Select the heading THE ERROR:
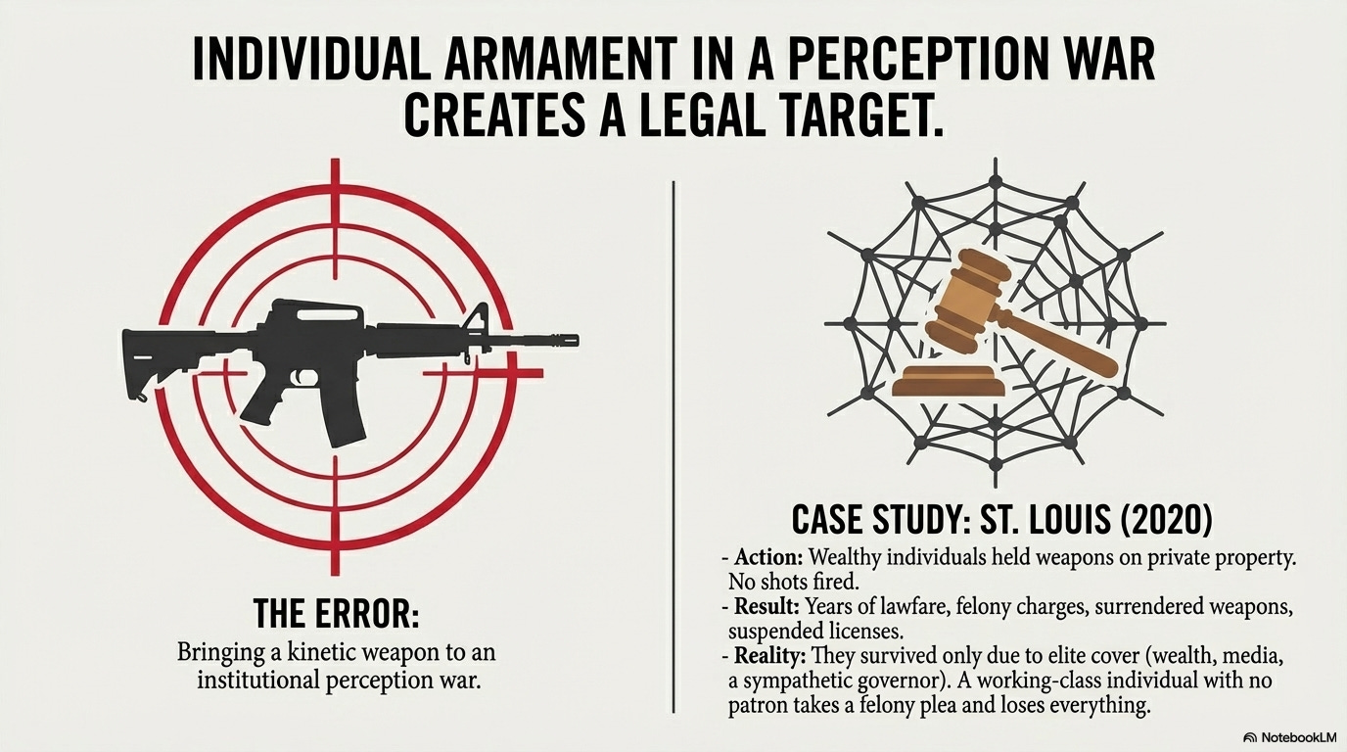tap(336, 614)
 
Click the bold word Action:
tap(768, 557)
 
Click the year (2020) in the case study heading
tap(1164, 519)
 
